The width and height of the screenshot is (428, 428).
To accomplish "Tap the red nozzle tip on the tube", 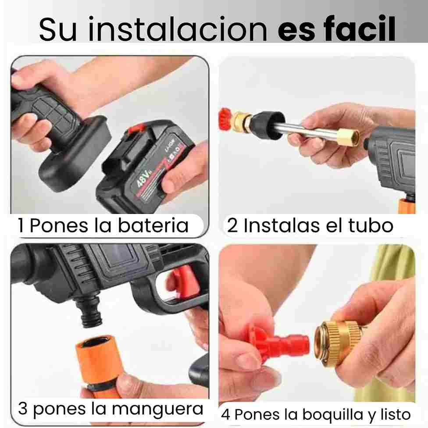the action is tap(225, 120).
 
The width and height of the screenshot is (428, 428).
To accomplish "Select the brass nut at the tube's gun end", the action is tap(348, 138).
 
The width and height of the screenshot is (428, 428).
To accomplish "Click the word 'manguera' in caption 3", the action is tap(157, 409).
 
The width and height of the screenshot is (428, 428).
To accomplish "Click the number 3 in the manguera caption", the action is tap(23, 408).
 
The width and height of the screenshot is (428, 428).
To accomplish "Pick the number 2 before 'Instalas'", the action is tap(232, 225).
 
